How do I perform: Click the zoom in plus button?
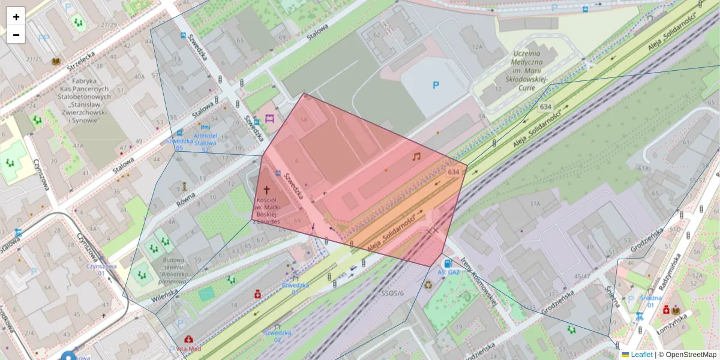(16, 17)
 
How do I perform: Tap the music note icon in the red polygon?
(416, 156)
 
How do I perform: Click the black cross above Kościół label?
(267, 189)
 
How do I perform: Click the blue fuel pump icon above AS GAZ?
(446, 263)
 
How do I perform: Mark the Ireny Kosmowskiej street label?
(479, 281)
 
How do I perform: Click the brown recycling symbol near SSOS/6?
(428, 286)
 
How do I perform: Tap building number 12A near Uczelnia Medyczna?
(477, 47)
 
